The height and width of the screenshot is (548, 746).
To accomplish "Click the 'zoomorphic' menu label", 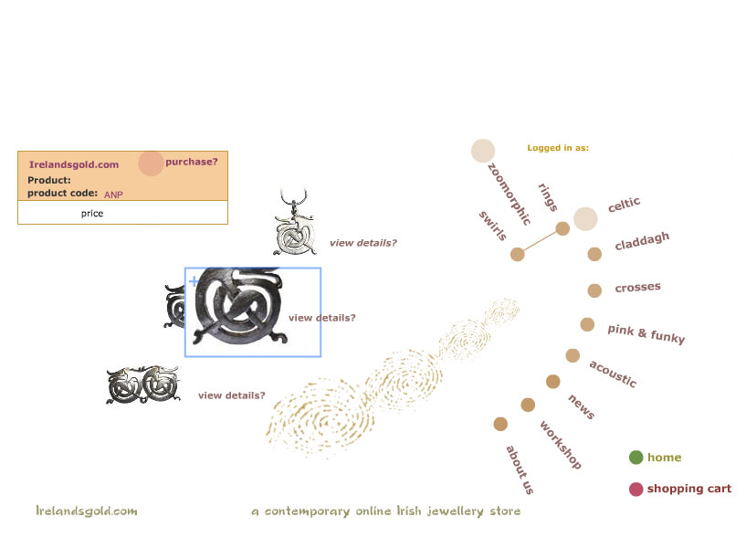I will pos(509,194).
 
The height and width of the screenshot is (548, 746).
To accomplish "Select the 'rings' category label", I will pos(548,197).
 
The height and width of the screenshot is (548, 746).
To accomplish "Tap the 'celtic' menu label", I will pos(625,205).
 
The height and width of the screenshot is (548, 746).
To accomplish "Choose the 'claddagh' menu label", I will pos(642,242).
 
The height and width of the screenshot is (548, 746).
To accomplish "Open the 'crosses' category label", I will pos(637,288).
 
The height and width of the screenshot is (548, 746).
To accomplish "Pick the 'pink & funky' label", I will pos(646,333).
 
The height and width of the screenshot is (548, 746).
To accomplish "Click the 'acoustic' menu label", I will pos(613,373).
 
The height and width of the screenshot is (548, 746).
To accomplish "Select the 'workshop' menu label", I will pos(560,445).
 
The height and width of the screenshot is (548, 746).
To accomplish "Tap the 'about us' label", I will pos(520,469).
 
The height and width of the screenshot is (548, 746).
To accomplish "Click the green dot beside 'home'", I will pos(636,458).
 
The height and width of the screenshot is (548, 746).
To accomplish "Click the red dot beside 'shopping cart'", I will pos(636,489).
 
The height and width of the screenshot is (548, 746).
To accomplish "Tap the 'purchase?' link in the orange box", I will pos(191,162).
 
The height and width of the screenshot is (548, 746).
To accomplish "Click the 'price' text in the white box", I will pos(92,213).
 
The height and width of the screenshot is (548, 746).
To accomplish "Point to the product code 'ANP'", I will pos(113,195).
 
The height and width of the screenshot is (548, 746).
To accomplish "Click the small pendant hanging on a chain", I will pos(296,228).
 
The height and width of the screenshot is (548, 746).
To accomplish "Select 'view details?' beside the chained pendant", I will pos(363,243).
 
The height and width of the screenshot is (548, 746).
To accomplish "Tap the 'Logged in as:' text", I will pos(558,147).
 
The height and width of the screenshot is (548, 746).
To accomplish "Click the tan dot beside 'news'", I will pos(552,381).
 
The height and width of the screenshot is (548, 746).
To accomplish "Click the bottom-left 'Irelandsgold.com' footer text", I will pos(87,511).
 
